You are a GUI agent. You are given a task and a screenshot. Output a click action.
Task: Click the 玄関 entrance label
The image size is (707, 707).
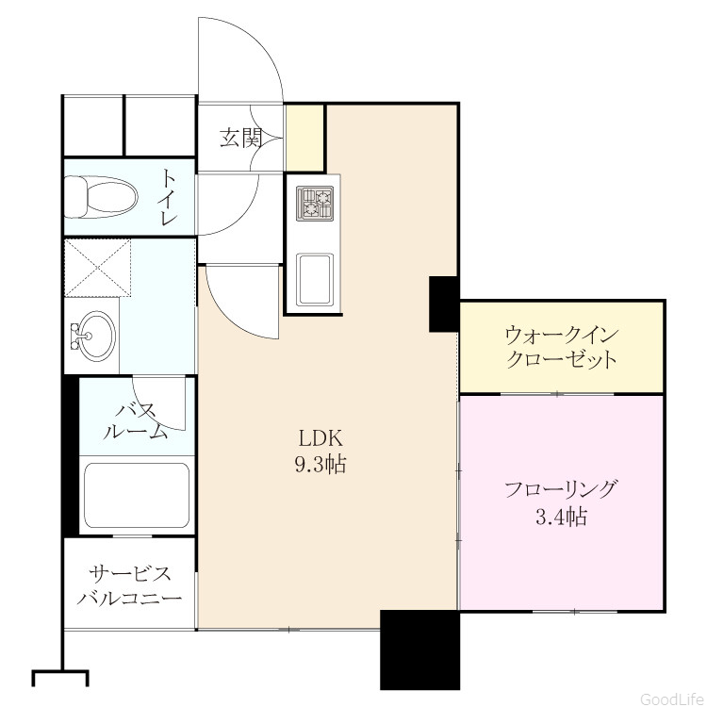pos(240,138)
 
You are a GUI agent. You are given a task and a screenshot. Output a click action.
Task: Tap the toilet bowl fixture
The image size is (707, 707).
pos(101,197)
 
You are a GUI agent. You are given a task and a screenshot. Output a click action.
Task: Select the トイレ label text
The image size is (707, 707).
pos(168,197)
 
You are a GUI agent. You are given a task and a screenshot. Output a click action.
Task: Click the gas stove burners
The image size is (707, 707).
pos(315,204)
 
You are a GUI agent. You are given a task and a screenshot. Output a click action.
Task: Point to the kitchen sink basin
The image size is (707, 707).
pos(315,279)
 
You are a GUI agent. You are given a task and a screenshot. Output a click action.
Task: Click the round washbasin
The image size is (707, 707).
pos(93,336)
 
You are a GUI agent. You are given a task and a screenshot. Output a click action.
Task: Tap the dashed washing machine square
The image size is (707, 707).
pos(97,268)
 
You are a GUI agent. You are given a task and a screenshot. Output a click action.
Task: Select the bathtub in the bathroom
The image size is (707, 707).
pos(137,496)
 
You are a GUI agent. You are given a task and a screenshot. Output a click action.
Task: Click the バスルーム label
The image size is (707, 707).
pos(136,421)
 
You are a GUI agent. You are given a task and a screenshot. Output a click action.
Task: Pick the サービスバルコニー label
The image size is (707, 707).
pos(130,585)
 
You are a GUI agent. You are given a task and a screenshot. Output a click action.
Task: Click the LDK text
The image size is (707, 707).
pos(321,437)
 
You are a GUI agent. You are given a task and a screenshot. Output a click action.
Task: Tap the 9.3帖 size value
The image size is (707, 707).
pos(321,464)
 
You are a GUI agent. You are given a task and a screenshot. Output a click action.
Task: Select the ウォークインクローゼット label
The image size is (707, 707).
pos(562,347)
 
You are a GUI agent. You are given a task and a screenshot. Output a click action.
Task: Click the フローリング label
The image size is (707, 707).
pos(561,488)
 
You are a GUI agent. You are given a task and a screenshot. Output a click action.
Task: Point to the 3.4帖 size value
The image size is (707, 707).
pos(562,517)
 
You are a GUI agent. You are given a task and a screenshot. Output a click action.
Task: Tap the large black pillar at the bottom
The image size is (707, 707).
pos(419,649)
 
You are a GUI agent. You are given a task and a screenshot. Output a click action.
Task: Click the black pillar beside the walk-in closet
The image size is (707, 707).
pos(444,304)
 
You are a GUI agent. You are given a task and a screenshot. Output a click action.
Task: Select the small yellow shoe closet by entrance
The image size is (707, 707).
pos(305,138)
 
